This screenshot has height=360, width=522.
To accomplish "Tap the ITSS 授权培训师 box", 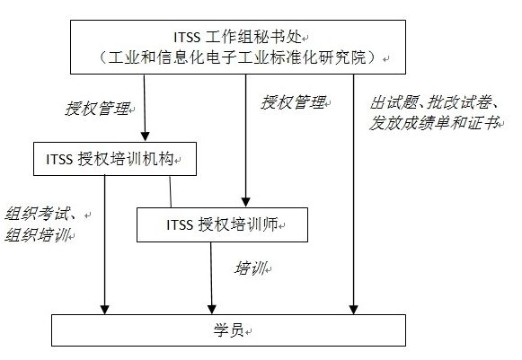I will point(222,224).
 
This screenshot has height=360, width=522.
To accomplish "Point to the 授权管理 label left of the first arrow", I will point(98,109).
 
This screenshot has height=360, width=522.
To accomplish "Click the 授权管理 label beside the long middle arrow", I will point(293,102).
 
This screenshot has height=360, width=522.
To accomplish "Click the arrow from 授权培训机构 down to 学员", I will point(105,251).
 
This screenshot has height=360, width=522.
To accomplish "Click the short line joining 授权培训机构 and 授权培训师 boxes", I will point(171,191).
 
